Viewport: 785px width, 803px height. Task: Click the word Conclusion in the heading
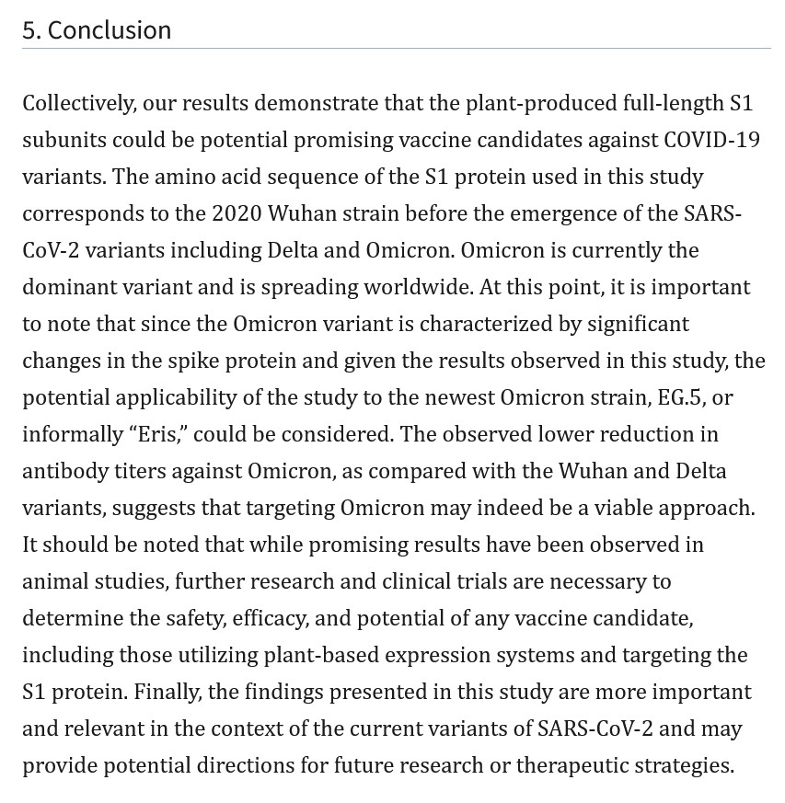point(109,29)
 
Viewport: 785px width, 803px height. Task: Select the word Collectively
point(78,103)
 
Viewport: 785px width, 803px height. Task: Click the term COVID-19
point(712,140)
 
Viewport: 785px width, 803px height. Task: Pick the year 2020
point(237,213)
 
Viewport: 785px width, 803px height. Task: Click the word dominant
point(73,287)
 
